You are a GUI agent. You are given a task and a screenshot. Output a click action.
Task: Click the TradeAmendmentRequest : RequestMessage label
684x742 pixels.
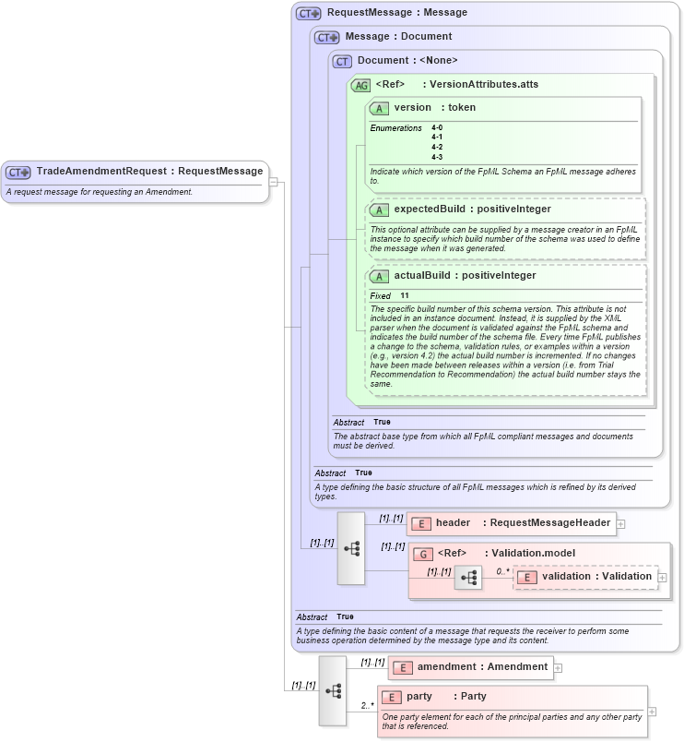149,171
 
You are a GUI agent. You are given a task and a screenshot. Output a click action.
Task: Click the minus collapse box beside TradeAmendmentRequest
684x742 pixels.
273,182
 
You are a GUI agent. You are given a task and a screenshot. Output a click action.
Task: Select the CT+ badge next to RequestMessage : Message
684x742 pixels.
308,13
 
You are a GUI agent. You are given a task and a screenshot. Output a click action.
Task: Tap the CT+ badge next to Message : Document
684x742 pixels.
326,37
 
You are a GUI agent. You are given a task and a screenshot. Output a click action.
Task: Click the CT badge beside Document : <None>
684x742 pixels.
343,61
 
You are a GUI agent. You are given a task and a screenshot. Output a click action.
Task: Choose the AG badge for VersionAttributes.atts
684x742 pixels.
360,85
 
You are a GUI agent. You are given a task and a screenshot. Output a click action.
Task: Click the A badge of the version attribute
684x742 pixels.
379,108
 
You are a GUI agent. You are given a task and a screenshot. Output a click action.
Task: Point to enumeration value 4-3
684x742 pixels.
437,157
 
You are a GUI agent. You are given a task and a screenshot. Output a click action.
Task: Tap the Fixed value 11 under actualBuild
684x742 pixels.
405,295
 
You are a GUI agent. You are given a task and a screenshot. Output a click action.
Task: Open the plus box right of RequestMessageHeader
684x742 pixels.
621,523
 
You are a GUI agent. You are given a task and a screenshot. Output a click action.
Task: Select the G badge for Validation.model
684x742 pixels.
423,554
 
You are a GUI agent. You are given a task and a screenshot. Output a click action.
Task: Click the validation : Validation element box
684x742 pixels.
585,577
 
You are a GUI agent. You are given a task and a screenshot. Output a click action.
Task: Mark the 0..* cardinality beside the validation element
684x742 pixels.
502,570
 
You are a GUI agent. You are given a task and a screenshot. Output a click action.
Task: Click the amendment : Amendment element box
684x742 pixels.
470,666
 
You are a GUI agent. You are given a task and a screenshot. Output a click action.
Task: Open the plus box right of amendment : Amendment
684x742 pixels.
558,666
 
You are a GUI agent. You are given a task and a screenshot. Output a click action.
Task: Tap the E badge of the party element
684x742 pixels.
391,697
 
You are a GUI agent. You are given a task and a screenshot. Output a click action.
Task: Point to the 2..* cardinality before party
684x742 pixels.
367,706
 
